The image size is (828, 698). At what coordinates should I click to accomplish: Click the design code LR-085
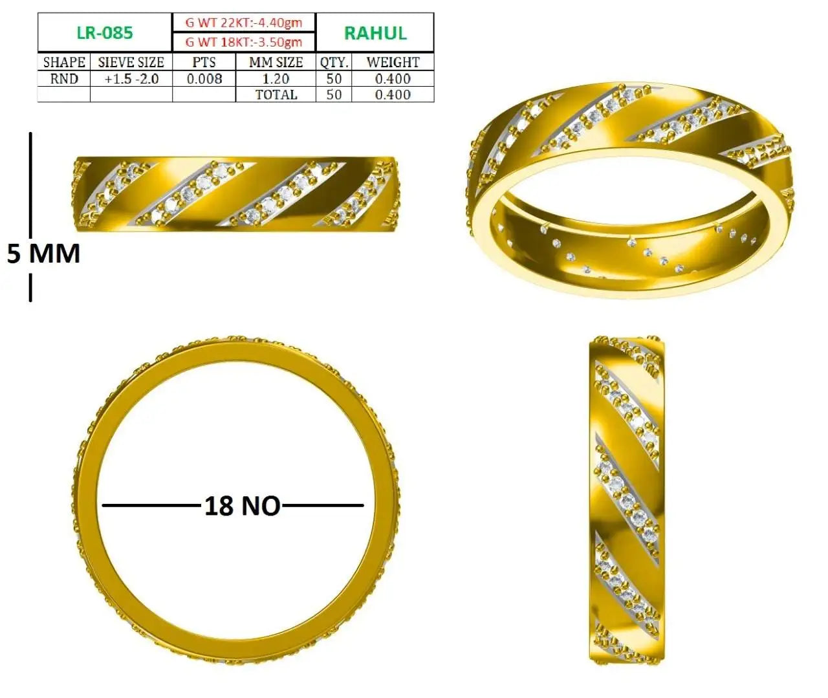coord(105,32)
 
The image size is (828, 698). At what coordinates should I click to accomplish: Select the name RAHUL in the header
coord(375,33)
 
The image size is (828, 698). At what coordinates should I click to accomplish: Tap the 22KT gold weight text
coord(243,23)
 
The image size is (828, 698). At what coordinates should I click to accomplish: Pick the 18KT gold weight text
coord(243,41)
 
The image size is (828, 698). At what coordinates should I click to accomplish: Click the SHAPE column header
coord(64,62)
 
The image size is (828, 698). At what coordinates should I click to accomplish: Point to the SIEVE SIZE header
coord(131,62)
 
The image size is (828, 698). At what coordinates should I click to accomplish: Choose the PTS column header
coord(204,62)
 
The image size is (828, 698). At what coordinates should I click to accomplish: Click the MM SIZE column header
coord(276,62)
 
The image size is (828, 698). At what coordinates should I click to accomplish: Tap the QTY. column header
coord(334,62)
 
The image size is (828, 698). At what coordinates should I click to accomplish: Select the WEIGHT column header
coord(393,62)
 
